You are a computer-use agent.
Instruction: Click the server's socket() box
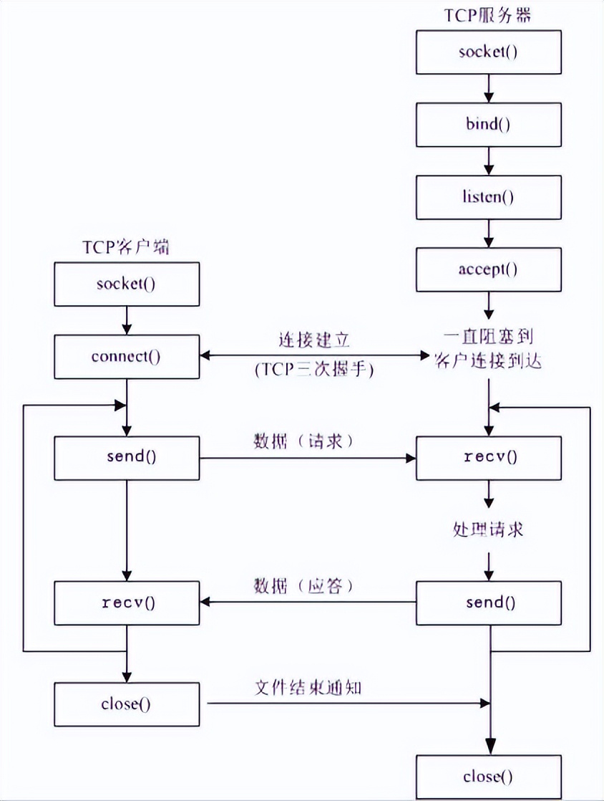pos(487,52)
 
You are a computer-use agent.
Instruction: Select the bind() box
pos(487,125)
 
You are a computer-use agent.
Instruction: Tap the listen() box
pos(487,197)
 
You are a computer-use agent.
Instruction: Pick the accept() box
pos(487,269)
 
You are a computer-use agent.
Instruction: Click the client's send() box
pos(126,457)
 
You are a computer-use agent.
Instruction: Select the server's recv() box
pos(487,457)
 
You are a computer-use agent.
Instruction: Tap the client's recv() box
pos(126,602)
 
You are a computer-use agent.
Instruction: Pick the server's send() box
pos(487,602)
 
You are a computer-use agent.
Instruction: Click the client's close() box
pos(126,704)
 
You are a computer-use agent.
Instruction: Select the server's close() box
pos(487,776)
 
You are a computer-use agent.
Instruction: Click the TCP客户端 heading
pos(126,247)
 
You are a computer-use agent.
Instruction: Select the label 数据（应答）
pos(304,586)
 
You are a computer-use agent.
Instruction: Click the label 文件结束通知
pos(308,687)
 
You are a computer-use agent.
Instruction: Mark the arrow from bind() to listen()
pos(488,160)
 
